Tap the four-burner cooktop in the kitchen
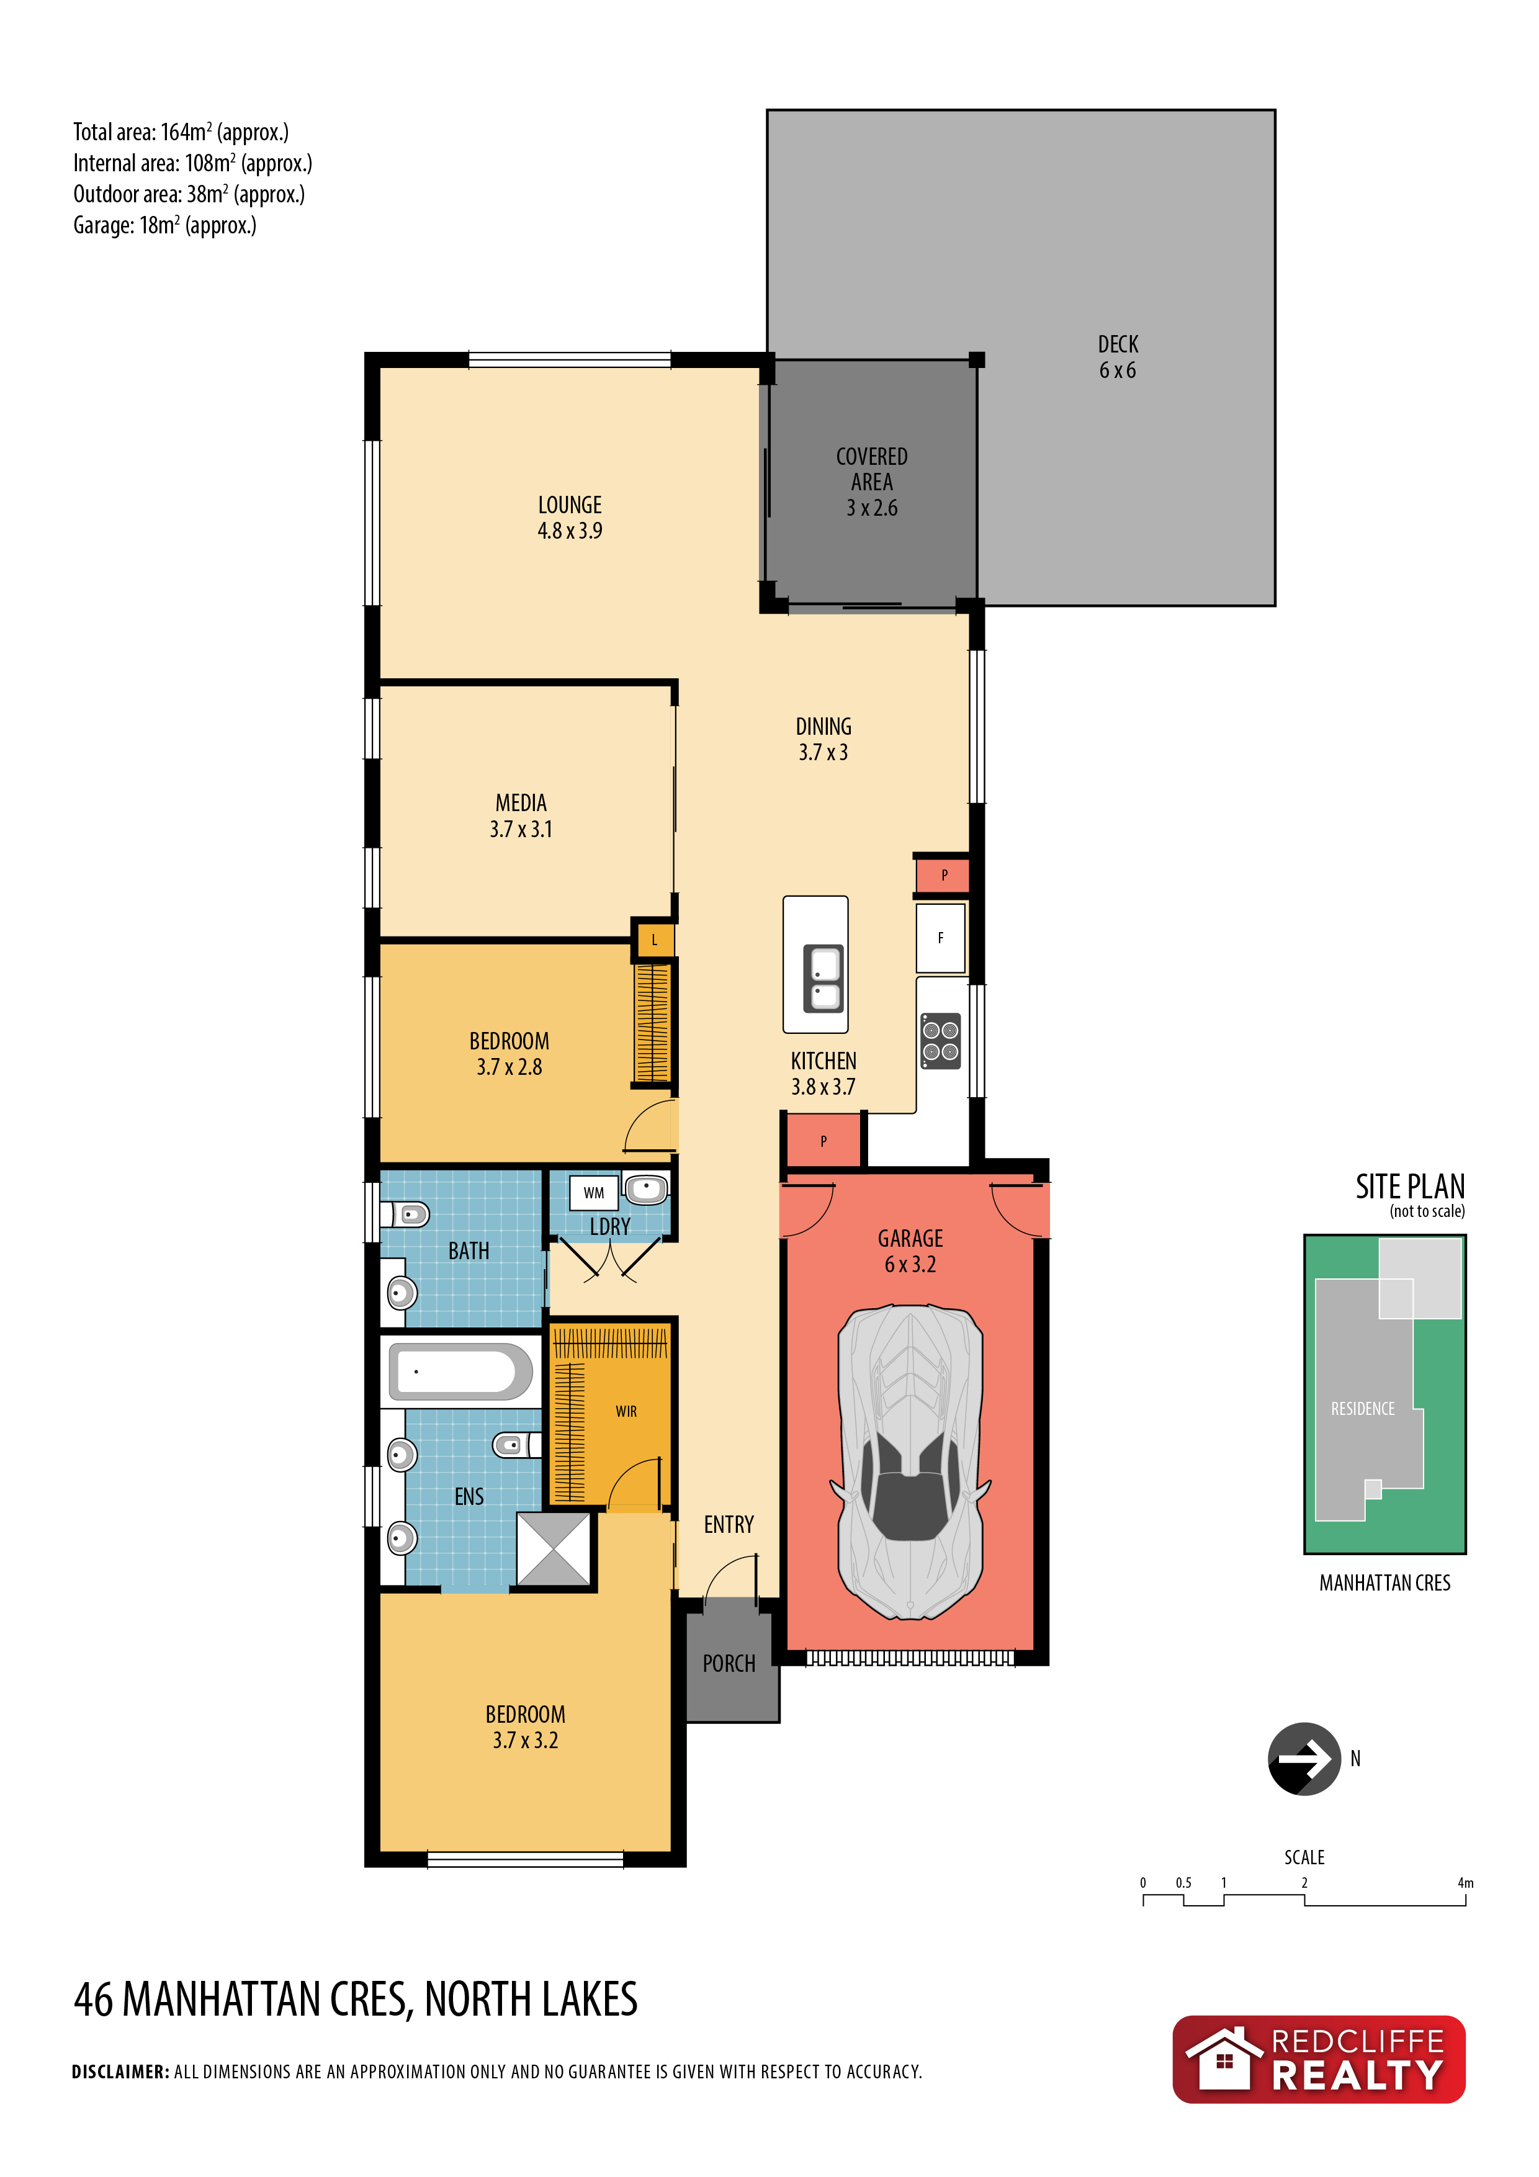tap(941, 1041)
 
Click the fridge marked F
tap(941, 938)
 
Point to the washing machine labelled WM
tap(594, 1193)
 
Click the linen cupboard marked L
tap(653, 941)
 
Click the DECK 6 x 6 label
tap(1118, 357)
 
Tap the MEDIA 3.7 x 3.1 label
tap(521, 815)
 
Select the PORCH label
tap(729, 1663)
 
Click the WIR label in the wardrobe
tap(626, 1412)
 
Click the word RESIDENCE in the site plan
tap(1363, 1409)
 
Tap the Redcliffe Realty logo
tap(1319, 2060)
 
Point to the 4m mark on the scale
tap(1465, 1883)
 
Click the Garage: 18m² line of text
tap(165, 226)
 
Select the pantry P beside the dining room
tap(943, 875)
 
